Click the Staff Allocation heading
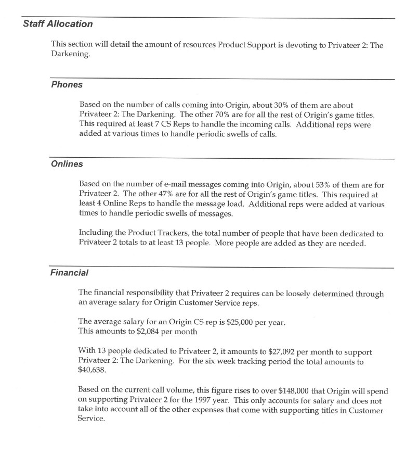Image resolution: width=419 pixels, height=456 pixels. [58, 24]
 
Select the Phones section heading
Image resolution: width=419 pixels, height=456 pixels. [67, 85]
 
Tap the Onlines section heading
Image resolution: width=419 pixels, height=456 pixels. [67, 164]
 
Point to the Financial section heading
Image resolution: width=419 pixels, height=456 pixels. [70, 272]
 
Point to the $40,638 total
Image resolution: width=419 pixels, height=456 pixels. [92, 372]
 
